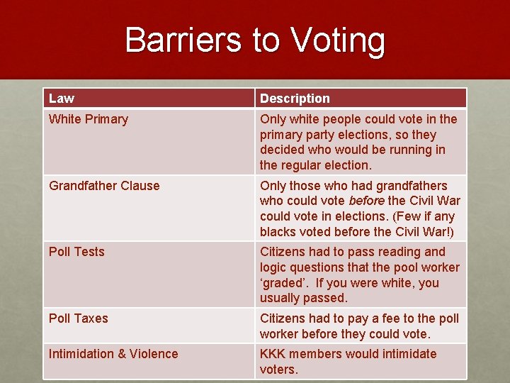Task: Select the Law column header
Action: [x=62, y=99]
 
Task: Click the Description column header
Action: [x=295, y=99]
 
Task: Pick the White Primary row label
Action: [x=89, y=119]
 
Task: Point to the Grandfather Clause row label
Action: [x=104, y=186]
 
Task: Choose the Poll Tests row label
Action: [x=76, y=252]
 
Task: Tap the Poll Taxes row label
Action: [x=79, y=318]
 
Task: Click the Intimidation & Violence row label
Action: [x=113, y=354]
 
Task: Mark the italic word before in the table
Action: [x=367, y=201]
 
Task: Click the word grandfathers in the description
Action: [x=412, y=186]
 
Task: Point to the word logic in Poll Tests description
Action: [x=274, y=267]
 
